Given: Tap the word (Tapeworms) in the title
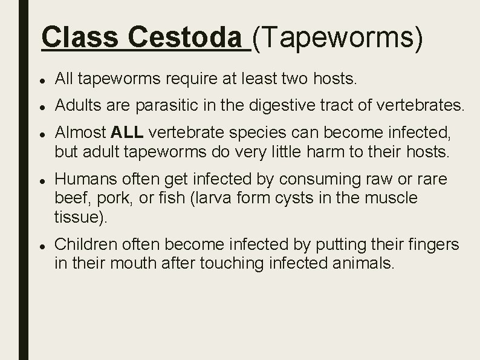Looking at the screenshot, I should (337, 38).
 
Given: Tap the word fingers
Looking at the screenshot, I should (433, 244).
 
